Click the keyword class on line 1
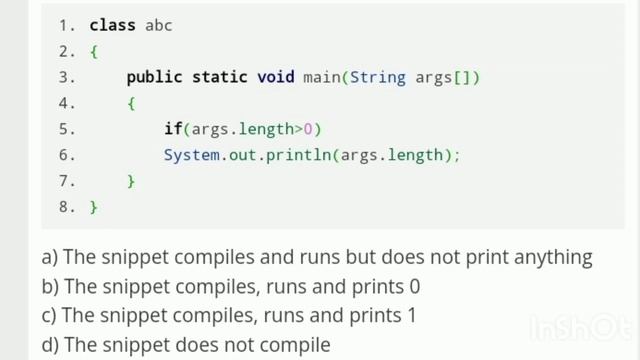(113, 25)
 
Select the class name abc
(159, 25)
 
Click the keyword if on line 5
(173, 129)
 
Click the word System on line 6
(191, 155)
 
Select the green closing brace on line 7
(131, 181)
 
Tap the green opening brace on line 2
(94, 51)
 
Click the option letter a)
(50, 258)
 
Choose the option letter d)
(51, 345)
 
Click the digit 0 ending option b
(414, 287)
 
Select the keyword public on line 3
(154, 77)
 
